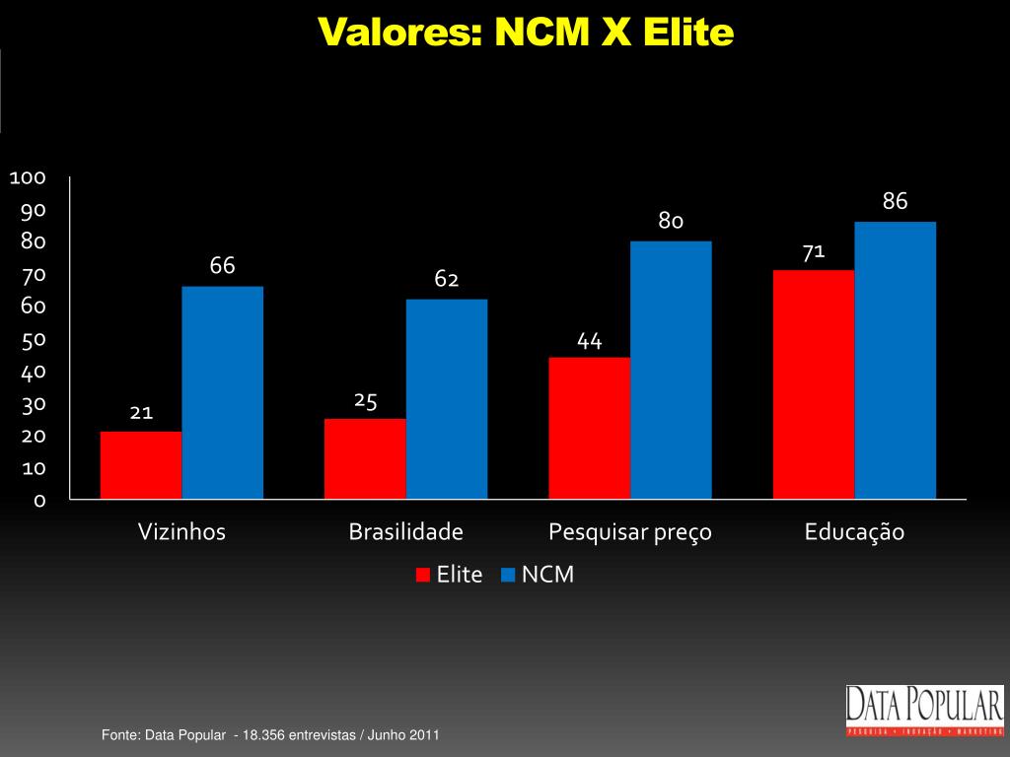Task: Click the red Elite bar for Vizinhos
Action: point(141,464)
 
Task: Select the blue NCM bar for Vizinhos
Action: point(222,392)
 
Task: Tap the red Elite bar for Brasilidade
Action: point(365,458)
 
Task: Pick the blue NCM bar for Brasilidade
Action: point(446,398)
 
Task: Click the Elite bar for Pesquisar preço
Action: point(589,428)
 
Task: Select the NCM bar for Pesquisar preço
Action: point(671,370)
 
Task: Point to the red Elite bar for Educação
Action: point(814,384)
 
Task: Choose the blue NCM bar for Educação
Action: point(895,360)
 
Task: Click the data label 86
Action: point(895,202)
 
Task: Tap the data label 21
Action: point(141,412)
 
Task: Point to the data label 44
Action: point(590,341)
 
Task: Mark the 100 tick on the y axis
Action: point(28,177)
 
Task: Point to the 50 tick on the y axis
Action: point(34,340)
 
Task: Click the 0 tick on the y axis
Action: point(39,501)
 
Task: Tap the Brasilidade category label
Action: point(405,532)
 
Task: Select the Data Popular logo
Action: point(924,710)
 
